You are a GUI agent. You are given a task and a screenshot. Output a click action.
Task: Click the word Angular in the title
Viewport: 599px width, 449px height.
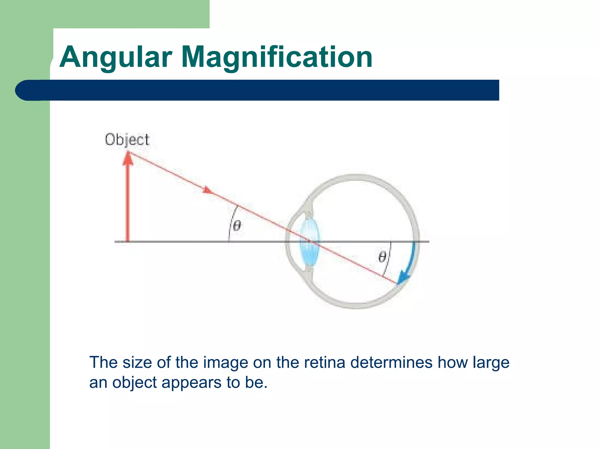tap(116, 58)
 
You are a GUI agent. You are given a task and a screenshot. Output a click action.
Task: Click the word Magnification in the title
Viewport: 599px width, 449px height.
tap(277, 58)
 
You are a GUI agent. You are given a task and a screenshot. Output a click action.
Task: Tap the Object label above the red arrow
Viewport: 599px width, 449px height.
tap(127, 139)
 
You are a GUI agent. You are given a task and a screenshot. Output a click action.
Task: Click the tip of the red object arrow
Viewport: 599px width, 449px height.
tap(128, 153)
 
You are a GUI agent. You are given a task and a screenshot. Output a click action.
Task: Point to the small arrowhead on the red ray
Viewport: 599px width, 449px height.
tap(207, 190)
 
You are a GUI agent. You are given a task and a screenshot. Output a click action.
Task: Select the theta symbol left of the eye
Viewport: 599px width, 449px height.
tap(237, 226)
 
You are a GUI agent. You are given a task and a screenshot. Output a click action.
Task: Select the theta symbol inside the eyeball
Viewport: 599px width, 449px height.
tap(382, 257)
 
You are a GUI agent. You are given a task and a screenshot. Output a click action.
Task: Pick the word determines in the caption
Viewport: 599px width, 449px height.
tap(391, 362)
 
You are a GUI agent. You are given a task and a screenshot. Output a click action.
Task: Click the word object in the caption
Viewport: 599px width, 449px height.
tap(135, 383)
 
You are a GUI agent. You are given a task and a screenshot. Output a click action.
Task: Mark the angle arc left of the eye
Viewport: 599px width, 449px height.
tap(231, 224)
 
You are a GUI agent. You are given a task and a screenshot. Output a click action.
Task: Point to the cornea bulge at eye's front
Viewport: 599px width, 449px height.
tap(288, 241)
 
